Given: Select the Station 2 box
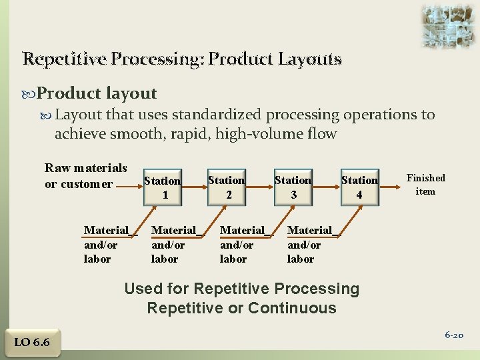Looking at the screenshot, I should [226, 187].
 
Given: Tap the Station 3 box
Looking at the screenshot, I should [293, 187].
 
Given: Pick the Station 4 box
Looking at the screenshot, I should [359, 187].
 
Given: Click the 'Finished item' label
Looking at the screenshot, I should [425, 185].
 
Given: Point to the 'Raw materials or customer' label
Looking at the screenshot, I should [85, 175].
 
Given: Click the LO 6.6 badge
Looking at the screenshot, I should [32, 343].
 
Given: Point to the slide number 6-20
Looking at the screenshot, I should [454, 335].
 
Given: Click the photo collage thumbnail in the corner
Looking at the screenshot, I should [449, 26].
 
